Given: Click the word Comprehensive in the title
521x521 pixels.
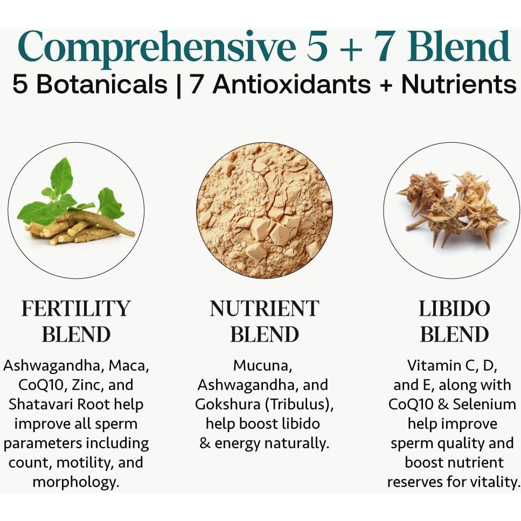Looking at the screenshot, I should tap(156, 47).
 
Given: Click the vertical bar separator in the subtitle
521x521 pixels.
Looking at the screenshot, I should tap(178, 85).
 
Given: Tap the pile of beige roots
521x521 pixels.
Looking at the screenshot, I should tap(81, 229).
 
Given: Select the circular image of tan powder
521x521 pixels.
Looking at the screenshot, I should tap(264, 210).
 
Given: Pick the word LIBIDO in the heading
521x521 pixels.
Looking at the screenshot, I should tap(454, 309).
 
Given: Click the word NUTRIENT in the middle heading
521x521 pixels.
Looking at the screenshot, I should tap(264, 309).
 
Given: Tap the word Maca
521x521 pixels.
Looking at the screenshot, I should tap(129, 366).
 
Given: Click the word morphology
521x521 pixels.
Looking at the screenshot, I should tap(75, 482).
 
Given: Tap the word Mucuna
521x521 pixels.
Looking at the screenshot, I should tap(262, 366).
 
